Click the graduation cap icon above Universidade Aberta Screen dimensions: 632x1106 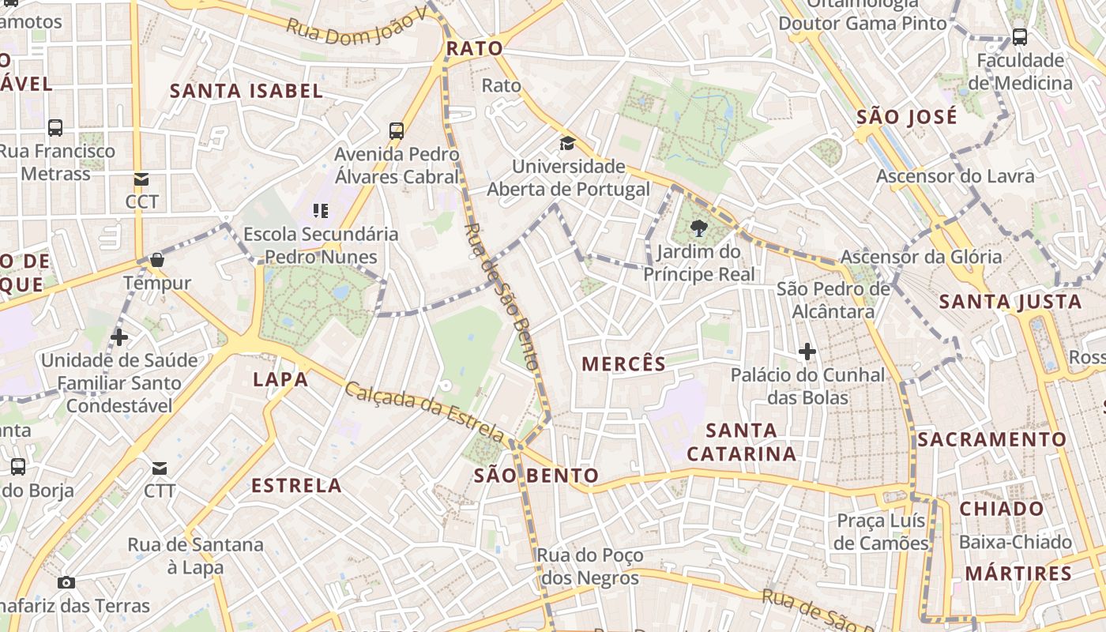(x=567, y=143)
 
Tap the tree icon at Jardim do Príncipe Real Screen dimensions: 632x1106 (x=698, y=229)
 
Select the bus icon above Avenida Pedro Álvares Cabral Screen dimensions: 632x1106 (x=397, y=131)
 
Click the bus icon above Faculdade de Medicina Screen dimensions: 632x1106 (x=1020, y=36)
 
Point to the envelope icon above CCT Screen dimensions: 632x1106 (x=141, y=179)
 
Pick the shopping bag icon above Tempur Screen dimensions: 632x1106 (x=156, y=260)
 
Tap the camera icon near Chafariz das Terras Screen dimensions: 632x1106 (x=66, y=583)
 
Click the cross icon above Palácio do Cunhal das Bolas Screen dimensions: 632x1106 (x=807, y=351)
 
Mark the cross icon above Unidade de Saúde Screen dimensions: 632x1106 (x=119, y=337)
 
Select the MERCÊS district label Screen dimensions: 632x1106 (x=623, y=363)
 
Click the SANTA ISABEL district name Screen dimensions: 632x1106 (x=246, y=91)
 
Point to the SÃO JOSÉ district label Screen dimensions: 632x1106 (x=907, y=118)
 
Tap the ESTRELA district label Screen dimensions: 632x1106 (x=296, y=485)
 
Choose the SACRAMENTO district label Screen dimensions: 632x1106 (x=991, y=439)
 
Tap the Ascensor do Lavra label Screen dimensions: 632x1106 (x=955, y=176)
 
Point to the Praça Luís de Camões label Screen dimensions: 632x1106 (x=881, y=532)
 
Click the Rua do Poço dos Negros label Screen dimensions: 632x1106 (x=590, y=566)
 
